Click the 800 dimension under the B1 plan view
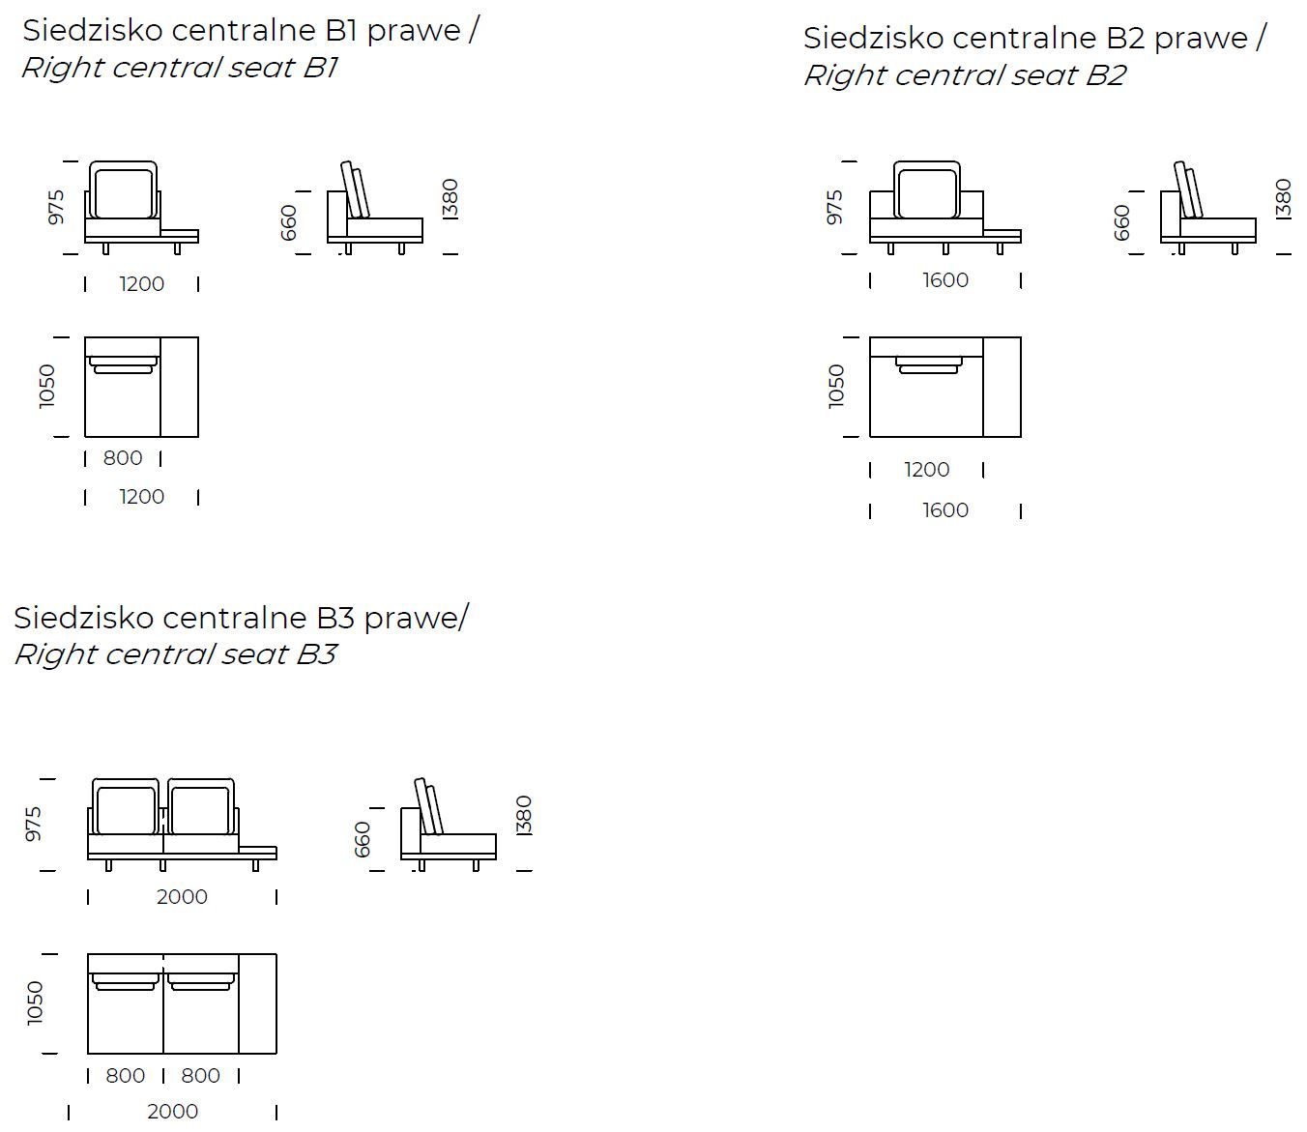pyautogui.click(x=123, y=458)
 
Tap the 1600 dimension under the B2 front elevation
pyautogui.click(x=945, y=280)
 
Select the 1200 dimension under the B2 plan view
pyautogui.click(x=926, y=470)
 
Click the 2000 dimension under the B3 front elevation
pyautogui.click(x=182, y=897)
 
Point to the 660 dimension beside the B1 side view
pyautogui.click(x=288, y=222)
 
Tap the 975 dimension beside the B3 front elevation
pyautogui.click(x=33, y=824)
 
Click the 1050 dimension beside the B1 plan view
pyautogui.click(x=46, y=387)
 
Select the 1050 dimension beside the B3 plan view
pyautogui.click(x=35, y=1003)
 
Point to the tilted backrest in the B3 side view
pyautogui.click(x=429, y=807)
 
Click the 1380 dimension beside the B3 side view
pyautogui.click(x=524, y=816)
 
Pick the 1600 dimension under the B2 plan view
pyautogui.click(x=945, y=510)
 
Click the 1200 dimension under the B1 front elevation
pyautogui.click(x=142, y=284)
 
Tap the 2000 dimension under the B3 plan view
pyautogui.click(x=173, y=1111)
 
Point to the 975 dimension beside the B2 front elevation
pyautogui.click(x=834, y=207)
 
